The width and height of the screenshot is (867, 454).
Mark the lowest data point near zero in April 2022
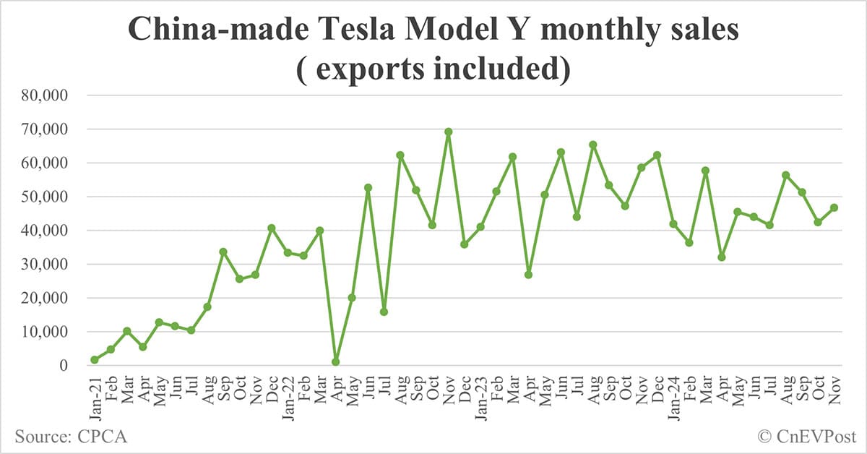336,361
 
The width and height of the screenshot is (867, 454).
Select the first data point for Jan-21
95,359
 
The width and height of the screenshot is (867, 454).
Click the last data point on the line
834,207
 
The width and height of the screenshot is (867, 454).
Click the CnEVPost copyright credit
806,436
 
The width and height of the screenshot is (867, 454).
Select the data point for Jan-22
288,252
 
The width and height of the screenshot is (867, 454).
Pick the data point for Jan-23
480,227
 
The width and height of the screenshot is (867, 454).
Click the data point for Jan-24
673,224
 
